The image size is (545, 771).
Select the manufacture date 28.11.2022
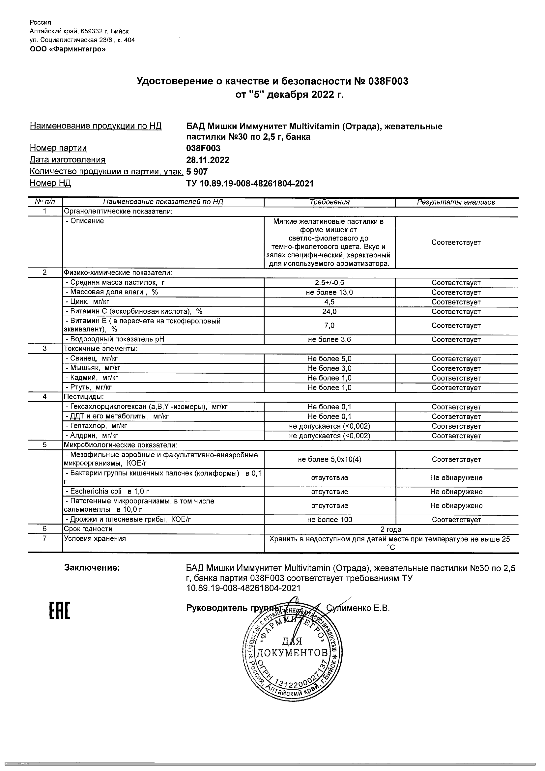tap(208, 160)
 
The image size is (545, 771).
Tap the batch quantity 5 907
tap(197, 172)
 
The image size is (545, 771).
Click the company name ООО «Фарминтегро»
tap(68, 49)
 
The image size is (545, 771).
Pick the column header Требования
tap(330, 202)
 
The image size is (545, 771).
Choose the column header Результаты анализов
tap(456, 202)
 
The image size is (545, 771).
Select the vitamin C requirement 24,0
tap(330, 312)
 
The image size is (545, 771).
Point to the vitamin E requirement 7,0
tap(330, 326)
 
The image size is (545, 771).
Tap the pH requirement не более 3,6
tap(330, 339)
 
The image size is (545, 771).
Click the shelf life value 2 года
tap(391, 529)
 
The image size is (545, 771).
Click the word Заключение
tap(92, 568)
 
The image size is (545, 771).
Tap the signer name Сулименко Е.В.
tap(358, 608)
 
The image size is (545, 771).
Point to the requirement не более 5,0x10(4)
tap(330, 459)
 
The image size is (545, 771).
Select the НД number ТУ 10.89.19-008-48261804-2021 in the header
tap(250, 184)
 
